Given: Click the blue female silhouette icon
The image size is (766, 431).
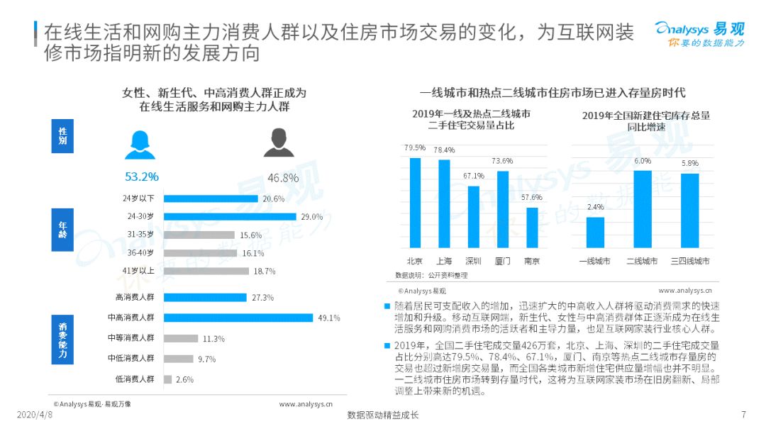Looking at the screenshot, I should (140, 145).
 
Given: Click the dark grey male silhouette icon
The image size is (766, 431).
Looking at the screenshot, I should (278, 143).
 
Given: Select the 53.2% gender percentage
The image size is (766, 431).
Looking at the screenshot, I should (142, 177).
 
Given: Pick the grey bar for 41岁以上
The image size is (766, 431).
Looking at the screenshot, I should (206, 271).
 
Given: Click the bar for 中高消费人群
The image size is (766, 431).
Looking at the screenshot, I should (238, 318).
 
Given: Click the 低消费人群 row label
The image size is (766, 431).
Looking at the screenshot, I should (135, 379).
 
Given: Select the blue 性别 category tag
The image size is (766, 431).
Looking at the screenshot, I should (62, 135).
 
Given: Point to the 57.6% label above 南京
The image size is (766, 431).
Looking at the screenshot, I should (532, 197).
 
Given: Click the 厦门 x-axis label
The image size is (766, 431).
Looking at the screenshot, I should (503, 261).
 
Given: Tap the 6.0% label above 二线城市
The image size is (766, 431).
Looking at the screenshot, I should (643, 161).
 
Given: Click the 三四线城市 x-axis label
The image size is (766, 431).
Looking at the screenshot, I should (690, 261).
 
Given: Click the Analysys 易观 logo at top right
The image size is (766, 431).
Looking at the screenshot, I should (699, 34).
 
